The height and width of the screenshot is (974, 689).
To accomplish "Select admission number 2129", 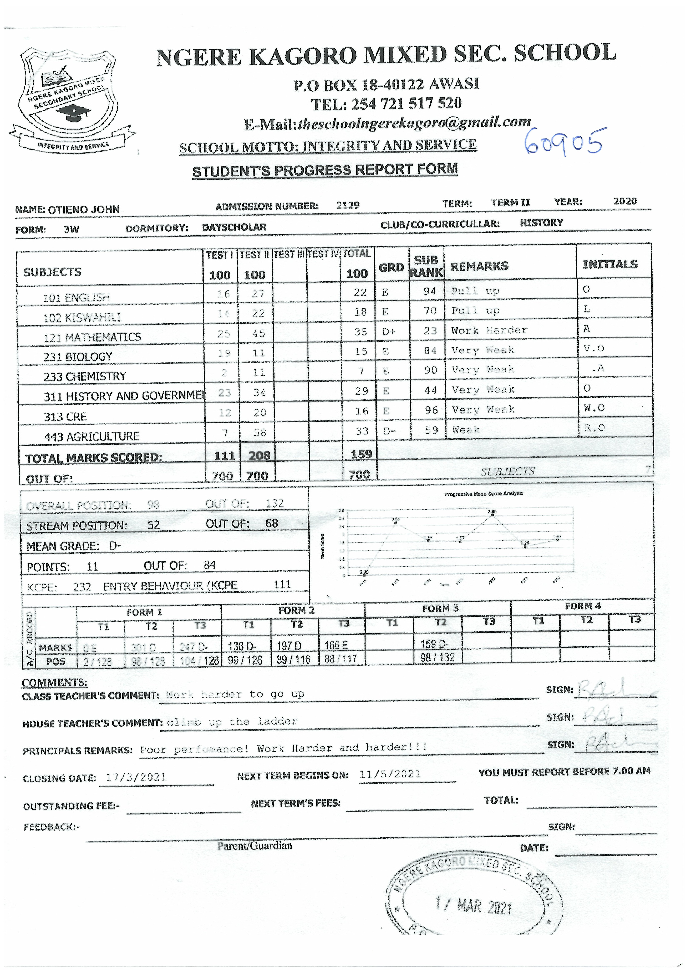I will [x=348, y=205].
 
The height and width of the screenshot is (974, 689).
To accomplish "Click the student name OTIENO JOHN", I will [x=84, y=210].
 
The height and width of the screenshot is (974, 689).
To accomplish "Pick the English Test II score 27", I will [x=258, y=294].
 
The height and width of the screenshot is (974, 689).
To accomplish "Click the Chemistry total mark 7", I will [x=361, y=371].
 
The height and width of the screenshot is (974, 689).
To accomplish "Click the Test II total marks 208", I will [x=259, y=456].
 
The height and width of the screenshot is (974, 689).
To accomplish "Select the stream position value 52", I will [x=153, y=525].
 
